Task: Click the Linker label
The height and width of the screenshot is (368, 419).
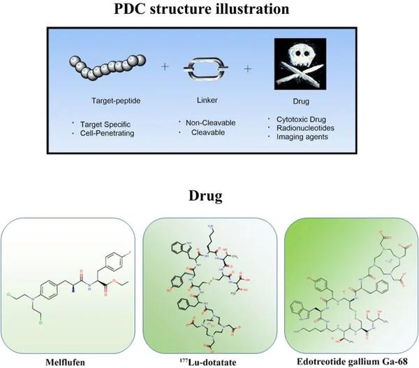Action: pyautogui.click(x=209, y=100)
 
